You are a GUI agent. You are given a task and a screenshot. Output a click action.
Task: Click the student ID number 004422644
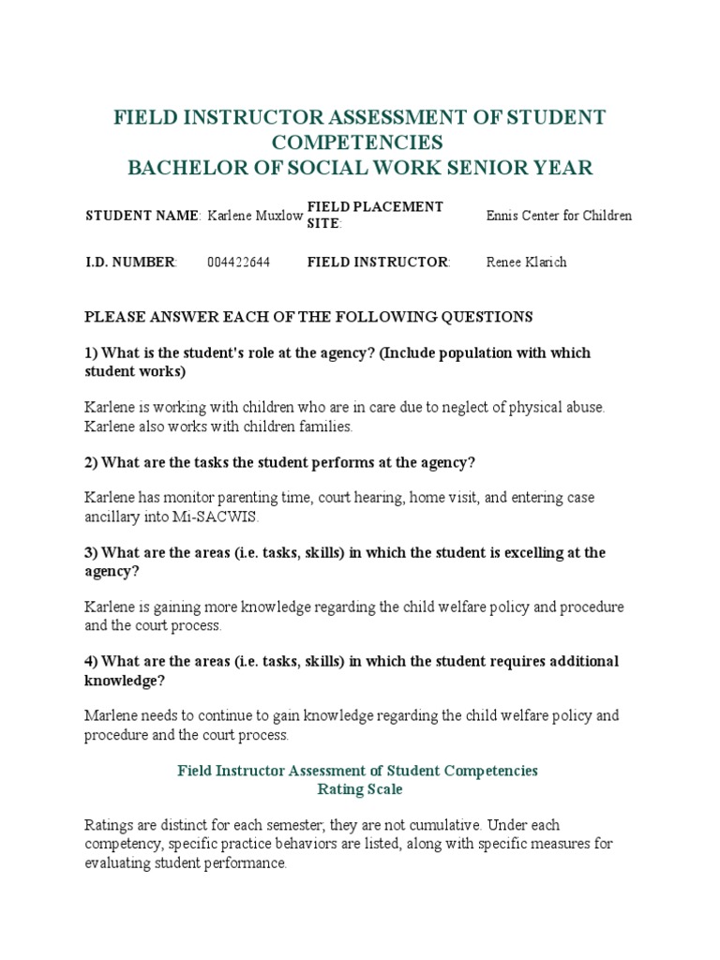coord(238,262)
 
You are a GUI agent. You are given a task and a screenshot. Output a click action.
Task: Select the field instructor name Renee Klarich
coord(526,262)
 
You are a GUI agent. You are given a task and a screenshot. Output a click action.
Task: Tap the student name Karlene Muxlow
coord(254,216)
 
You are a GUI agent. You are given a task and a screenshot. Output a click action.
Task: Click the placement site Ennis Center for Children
coord(559,216)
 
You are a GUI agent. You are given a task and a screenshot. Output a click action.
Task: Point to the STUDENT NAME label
coord(142,216)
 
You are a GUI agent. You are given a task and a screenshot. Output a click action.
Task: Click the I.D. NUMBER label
coord(130,262)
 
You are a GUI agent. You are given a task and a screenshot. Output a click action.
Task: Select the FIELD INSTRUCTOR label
coord(378,262)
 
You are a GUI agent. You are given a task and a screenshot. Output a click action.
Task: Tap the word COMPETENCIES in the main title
coord(357,142)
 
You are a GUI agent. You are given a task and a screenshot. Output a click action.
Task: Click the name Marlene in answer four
coord(110,715)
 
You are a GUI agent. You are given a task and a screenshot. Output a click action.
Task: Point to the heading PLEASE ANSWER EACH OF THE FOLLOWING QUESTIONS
coord(308,317)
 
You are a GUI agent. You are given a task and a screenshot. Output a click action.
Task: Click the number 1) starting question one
coord(91,353)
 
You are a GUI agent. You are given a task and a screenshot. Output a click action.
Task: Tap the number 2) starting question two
coord(91,462)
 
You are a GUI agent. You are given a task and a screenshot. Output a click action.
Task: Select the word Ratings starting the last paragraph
coord(109,824)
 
